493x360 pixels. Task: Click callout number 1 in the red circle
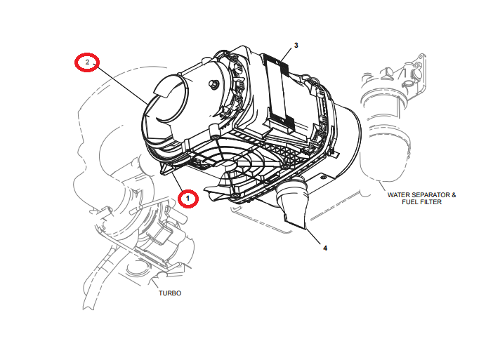pyautogui.click(x=188, y=199)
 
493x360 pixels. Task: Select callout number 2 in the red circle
pyautogui.click(x=87, y=63)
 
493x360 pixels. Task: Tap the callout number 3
pyautogui.click(x=296, y=46)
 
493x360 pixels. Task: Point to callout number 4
pyautogui.click(x=324, y=247)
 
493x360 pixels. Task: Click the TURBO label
pyautogui.click(x=169, y=293)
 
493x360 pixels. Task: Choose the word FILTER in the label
pyautogui.click(x=432, y=203)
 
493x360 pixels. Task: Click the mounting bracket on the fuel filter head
pyautogui.click(x=414, y=67)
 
